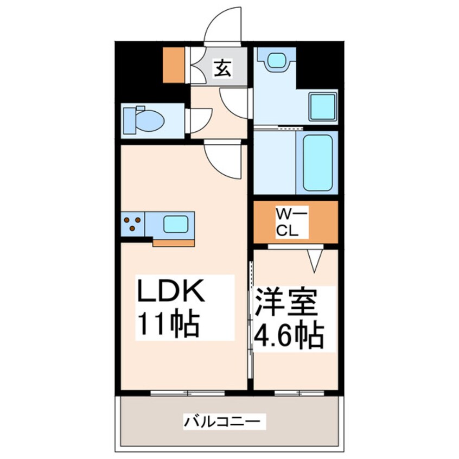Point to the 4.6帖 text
(289, 336)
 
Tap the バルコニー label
(224, 420)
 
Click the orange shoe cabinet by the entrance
(174, 65)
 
